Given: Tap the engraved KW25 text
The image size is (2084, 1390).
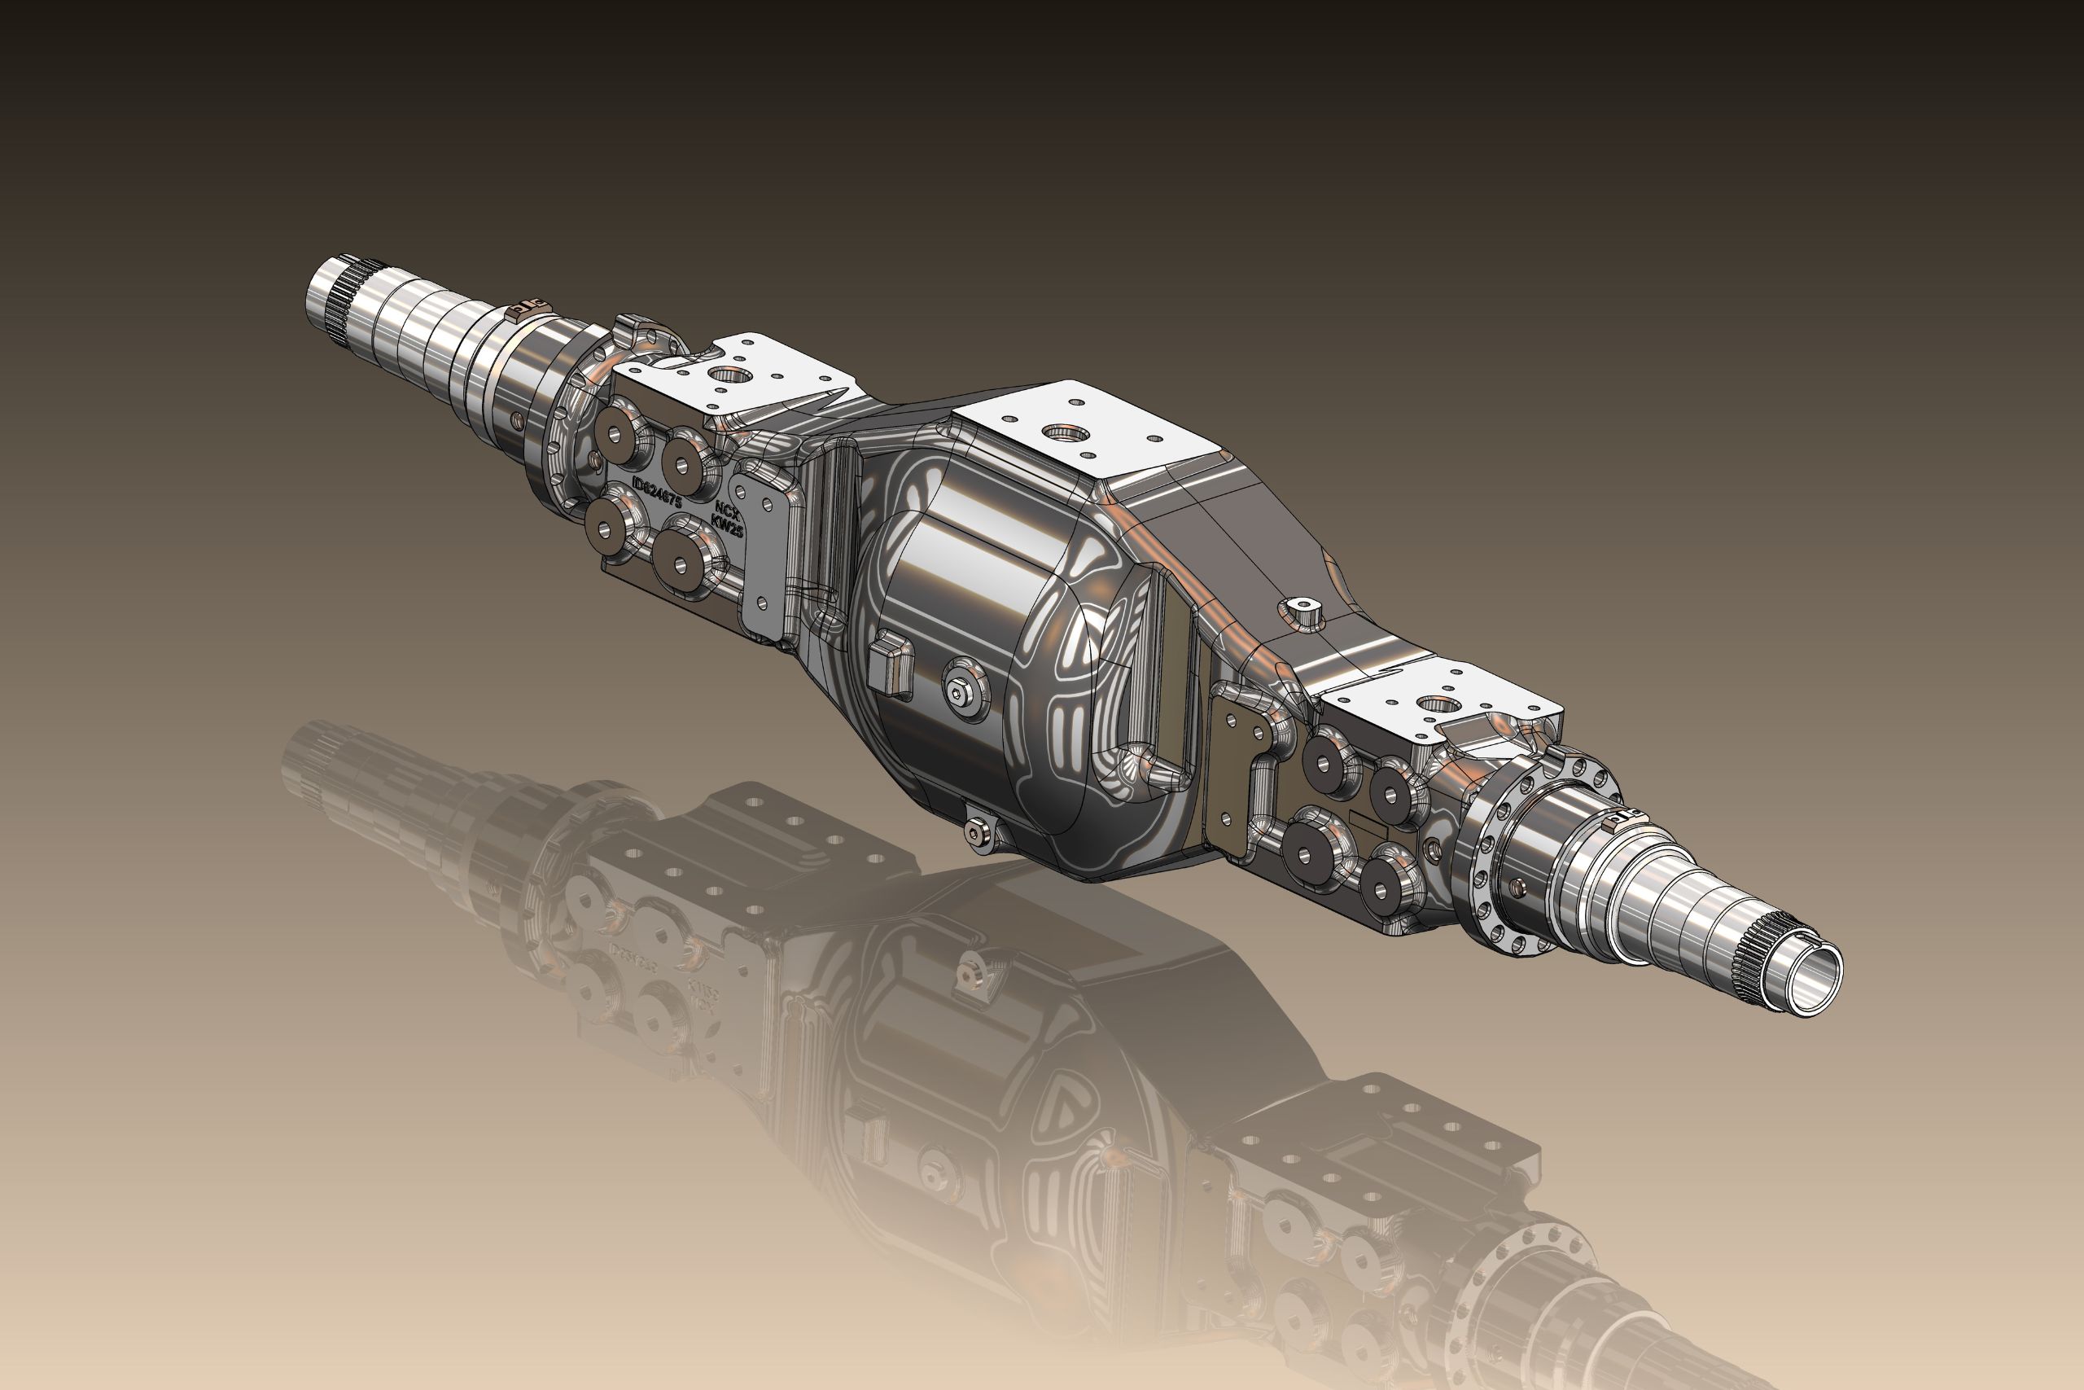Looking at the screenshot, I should (728, 528).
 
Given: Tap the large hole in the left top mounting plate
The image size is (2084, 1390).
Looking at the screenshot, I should (729, 374).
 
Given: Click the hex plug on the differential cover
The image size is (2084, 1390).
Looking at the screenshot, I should (961, 693).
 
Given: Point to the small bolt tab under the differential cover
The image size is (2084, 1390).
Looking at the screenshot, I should (978, 831).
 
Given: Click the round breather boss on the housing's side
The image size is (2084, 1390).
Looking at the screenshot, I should (1300, 609).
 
